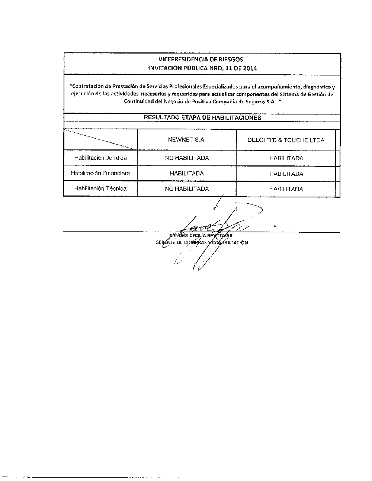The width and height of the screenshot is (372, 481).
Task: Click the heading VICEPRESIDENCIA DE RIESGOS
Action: point(200,60)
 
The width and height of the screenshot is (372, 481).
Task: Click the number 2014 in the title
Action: point(249,68)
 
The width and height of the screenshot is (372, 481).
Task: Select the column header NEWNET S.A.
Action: point(187,140)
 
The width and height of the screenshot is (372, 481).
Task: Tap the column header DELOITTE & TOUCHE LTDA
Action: point(286,140)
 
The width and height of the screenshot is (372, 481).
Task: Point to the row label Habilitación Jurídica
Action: point(100,158)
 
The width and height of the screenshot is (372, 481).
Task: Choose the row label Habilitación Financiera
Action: point(100,173)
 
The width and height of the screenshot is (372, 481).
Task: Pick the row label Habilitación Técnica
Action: point(100,188)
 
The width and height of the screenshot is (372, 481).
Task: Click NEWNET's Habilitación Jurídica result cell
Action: point(187,158)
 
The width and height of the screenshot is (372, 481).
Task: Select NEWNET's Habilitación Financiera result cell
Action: point(187,174)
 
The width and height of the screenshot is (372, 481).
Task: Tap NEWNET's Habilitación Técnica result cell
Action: point(187,189)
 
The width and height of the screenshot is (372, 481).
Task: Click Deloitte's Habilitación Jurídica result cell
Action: point(286,158)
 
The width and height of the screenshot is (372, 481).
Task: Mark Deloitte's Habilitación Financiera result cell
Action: point(286,174)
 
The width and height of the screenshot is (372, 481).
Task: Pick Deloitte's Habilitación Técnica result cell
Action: point(286,189)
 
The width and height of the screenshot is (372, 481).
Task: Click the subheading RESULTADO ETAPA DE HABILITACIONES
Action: point(202,117)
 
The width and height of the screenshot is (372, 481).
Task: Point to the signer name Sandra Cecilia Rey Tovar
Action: point(201,235)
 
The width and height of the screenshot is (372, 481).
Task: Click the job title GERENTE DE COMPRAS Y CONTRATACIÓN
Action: point(202,243)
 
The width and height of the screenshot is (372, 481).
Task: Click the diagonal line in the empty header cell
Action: point(100,140)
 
